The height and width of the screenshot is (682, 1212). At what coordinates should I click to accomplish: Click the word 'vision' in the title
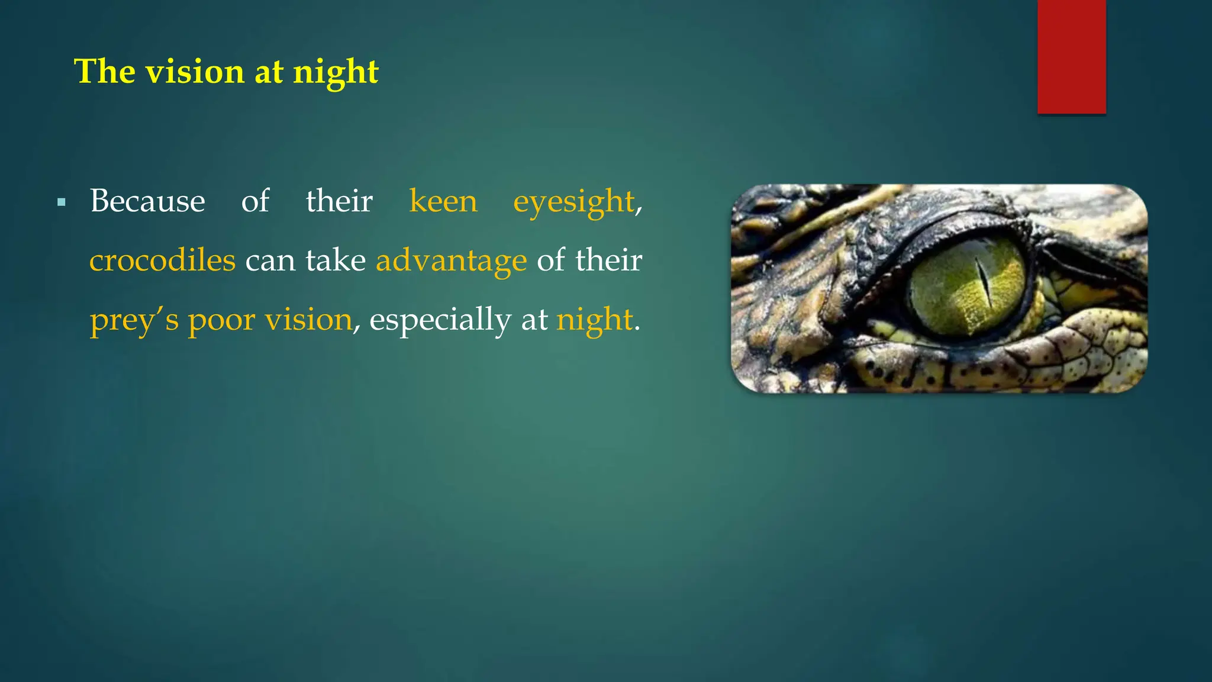pos(195,72)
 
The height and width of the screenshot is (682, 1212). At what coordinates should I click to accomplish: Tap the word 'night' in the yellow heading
pos(336,72)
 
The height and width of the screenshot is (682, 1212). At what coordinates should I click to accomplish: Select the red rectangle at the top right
pos(1071,56)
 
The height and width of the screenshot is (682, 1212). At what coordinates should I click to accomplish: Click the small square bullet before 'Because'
pos(62,203)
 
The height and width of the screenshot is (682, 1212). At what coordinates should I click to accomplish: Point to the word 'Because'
pos(147,201)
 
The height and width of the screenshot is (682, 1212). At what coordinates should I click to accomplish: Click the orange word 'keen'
pos(443,201)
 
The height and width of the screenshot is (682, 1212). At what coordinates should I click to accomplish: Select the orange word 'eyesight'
pos(573,202)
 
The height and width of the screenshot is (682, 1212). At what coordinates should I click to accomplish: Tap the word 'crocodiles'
pos(162,260)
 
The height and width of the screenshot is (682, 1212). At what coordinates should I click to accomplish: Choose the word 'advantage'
pos(451,261)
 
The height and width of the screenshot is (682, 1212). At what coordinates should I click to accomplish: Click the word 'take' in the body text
pos(336,260)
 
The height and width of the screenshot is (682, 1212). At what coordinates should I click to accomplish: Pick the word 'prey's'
pos(134,320)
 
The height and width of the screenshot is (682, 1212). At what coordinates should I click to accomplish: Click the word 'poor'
pos(221,320)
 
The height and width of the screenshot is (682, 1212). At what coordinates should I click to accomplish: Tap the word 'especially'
pos(440,320)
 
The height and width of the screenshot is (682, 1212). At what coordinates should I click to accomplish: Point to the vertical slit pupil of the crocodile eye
pos(984,283)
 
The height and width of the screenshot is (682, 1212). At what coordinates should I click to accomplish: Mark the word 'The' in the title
pos(105,72)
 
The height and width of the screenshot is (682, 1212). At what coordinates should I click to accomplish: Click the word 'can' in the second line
pos(270,261)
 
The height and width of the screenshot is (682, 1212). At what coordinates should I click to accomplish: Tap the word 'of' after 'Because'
pos(255,201)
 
